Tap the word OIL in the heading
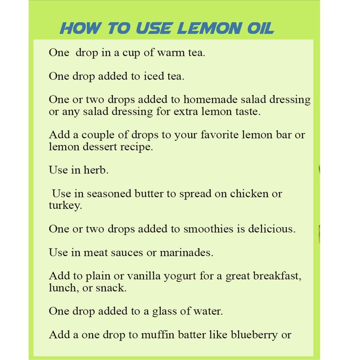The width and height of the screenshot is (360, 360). (261, 28)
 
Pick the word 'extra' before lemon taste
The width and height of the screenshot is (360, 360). (185, 112)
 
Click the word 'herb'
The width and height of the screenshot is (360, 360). (96, 170)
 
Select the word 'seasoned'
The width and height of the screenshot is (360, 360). (109, 194)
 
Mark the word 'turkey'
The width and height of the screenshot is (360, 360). (65, 206)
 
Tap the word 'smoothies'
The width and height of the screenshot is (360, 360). (208, 229)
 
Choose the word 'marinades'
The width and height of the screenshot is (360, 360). (186, 252)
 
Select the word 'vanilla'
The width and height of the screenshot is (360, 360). (144, 276)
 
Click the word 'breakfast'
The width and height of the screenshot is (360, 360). (277, 276)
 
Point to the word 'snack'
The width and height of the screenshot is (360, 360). (111, 288)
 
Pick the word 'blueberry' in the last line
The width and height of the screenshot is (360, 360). (254, 335)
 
